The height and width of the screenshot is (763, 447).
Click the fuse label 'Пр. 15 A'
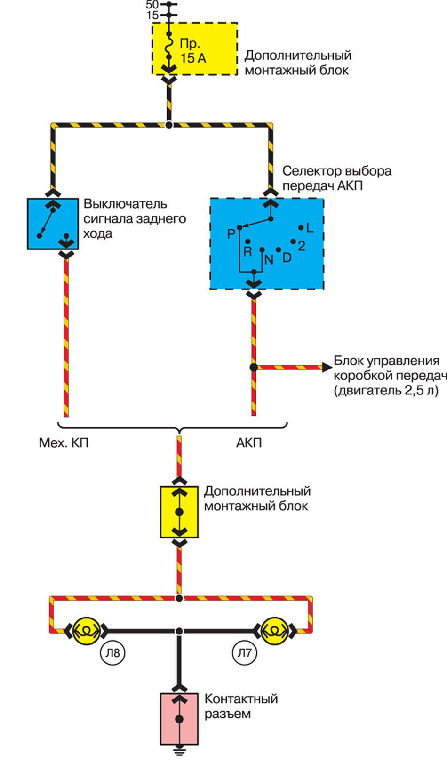(x=192, y=51)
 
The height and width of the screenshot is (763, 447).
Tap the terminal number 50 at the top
(x=152, y=5)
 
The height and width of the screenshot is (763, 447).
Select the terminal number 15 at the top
(x=152, y=16)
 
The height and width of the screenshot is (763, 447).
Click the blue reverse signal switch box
(x=53, y=224)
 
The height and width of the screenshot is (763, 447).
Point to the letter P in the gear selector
(x=231, y=233)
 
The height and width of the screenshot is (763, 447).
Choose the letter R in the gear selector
(x=247, y=252)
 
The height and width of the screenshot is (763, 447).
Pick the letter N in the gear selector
(x=269, y=260)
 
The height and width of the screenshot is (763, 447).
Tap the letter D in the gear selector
(x=287, y=257)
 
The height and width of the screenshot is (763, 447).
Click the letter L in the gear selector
(x=309, y=228)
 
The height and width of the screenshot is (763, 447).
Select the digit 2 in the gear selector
(x=302, y=246)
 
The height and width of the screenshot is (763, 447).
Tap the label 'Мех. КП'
(x=64, y=443)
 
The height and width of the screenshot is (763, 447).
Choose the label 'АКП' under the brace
(x=249, y=443)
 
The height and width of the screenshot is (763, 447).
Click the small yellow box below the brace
(x=179, y=512)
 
